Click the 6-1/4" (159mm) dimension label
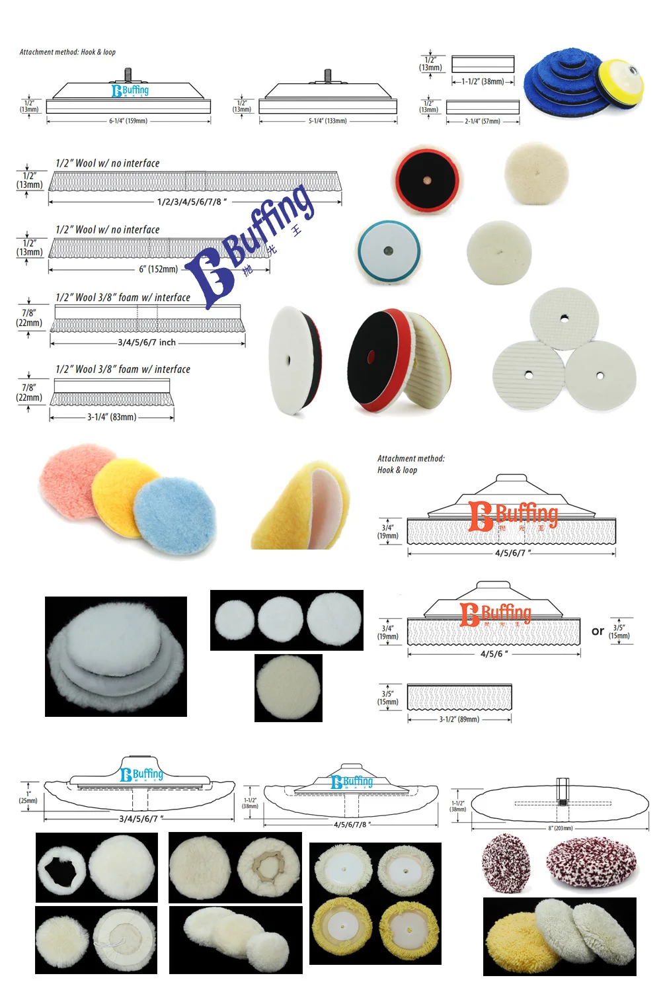[x=128, y=121]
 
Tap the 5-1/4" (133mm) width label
[x=327, y=121]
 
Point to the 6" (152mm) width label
[x=158, y=269]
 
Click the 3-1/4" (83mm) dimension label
[x=112, y=417]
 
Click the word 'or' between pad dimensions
[x=598, y=632]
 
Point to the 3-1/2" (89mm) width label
[x=459, y=719]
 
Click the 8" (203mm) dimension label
[x=560, y=828]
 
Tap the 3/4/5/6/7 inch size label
[x=147, y=343]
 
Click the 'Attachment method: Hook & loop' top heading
[x=67, y=52]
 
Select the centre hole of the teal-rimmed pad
[x=388, y=251]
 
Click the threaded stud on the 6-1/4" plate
[x=128, y=75]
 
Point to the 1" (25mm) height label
[x=28, y=797]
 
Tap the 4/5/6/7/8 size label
[x=352, y=825]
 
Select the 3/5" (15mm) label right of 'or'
[x=619, y=632]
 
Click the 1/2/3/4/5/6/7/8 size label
[x=192, y=202]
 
